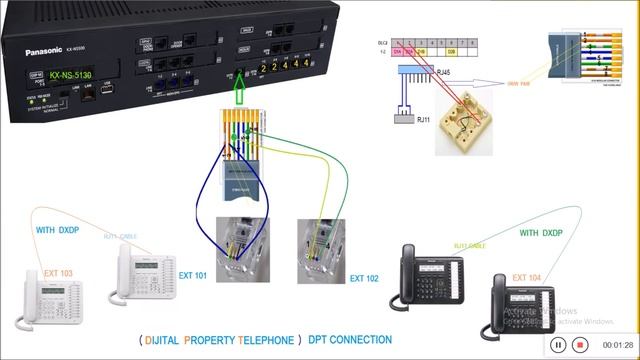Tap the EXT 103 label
coord(58,273)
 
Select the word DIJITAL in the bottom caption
coord(167,340)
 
